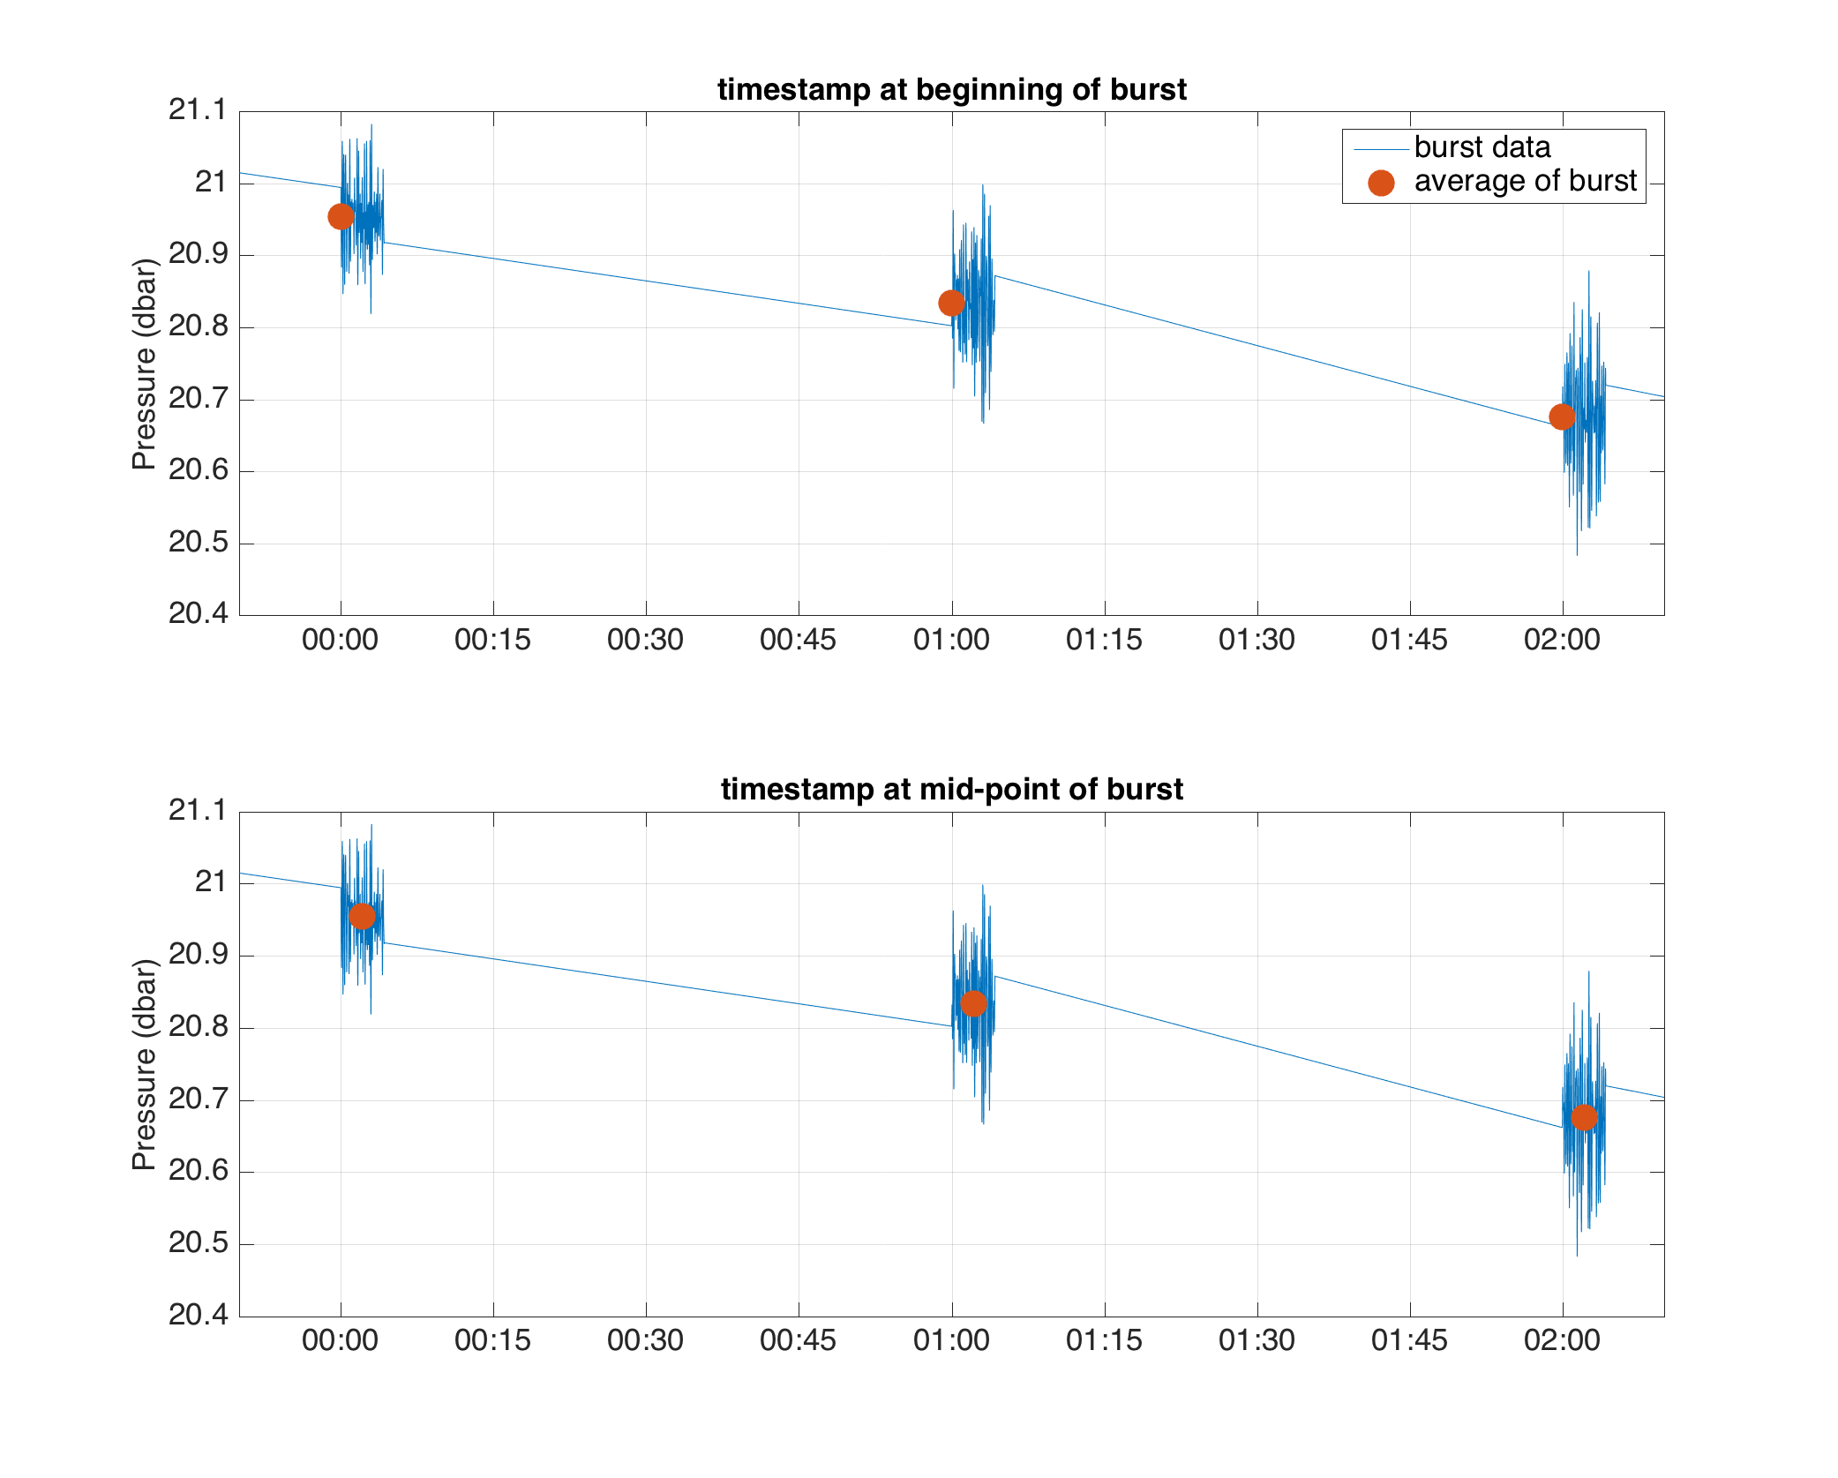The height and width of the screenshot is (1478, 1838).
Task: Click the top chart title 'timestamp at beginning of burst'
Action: coord(951,90)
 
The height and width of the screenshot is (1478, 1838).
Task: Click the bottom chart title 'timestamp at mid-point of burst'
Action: coord(951,789)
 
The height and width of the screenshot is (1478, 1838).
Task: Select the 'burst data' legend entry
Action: coord(1482,147)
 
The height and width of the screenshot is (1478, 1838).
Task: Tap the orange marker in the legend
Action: coord(1381,183)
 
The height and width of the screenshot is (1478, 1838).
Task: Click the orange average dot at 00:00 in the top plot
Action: coord(341,216)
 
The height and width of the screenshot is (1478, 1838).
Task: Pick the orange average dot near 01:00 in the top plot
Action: coord(951,304)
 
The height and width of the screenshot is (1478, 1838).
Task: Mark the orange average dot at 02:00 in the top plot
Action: coord(1562,416)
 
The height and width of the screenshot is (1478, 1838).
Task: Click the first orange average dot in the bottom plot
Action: coord(362,917)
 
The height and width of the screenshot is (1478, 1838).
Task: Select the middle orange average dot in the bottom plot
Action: coord(972,1003)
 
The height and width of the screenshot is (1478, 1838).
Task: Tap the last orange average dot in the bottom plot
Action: coord(1584,1118)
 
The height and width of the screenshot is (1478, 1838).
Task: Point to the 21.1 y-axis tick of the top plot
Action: coord(198,110)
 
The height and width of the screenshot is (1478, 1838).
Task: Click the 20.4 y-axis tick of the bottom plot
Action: coord(198,1315)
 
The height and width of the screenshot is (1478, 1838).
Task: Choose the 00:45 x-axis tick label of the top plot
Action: coord(798,640)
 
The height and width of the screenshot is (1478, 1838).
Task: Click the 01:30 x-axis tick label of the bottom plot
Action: coord(1257,1340)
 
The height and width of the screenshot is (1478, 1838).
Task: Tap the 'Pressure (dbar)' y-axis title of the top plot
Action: coord(144,364)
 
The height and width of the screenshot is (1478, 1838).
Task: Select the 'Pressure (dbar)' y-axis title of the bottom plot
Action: coord(144,1064)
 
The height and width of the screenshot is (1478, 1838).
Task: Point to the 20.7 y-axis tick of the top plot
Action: coord(198,399)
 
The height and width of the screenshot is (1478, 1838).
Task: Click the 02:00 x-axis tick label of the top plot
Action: coord(1562,640)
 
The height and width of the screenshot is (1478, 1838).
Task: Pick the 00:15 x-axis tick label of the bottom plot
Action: coord(492,1340)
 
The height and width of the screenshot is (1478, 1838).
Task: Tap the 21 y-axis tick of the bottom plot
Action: coord(210,882)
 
